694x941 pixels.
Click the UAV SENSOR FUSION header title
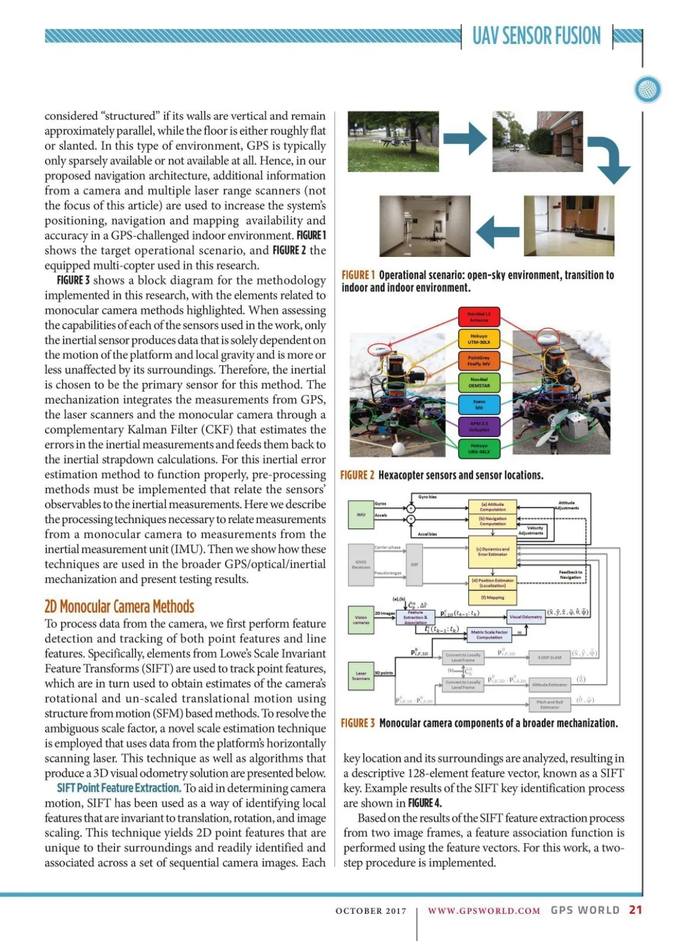coord(536,36)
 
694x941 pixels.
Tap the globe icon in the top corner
coord(647,90)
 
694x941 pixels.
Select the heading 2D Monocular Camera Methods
coord(119,606)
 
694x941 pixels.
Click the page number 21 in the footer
coord(636,910)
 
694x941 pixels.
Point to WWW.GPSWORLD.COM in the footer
coord(484,910)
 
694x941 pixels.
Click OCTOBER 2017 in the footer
coord(371,911)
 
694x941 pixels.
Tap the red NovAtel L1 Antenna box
coord(478,317)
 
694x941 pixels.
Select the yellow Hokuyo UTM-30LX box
coord(478,339)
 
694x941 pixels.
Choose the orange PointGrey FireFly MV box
coord(478,361)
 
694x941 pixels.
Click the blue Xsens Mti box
coord(478,405)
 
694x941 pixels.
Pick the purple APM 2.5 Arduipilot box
coord(478,427)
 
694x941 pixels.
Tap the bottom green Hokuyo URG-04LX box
coord(478,449)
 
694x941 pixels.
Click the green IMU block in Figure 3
coord(361,514)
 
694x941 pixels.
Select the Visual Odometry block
coord(526,617)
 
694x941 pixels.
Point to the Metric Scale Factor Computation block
coord(489,635)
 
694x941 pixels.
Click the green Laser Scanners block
coord(361,675)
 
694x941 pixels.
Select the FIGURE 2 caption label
coord(357,475)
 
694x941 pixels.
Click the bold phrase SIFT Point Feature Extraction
coord(119,788)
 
